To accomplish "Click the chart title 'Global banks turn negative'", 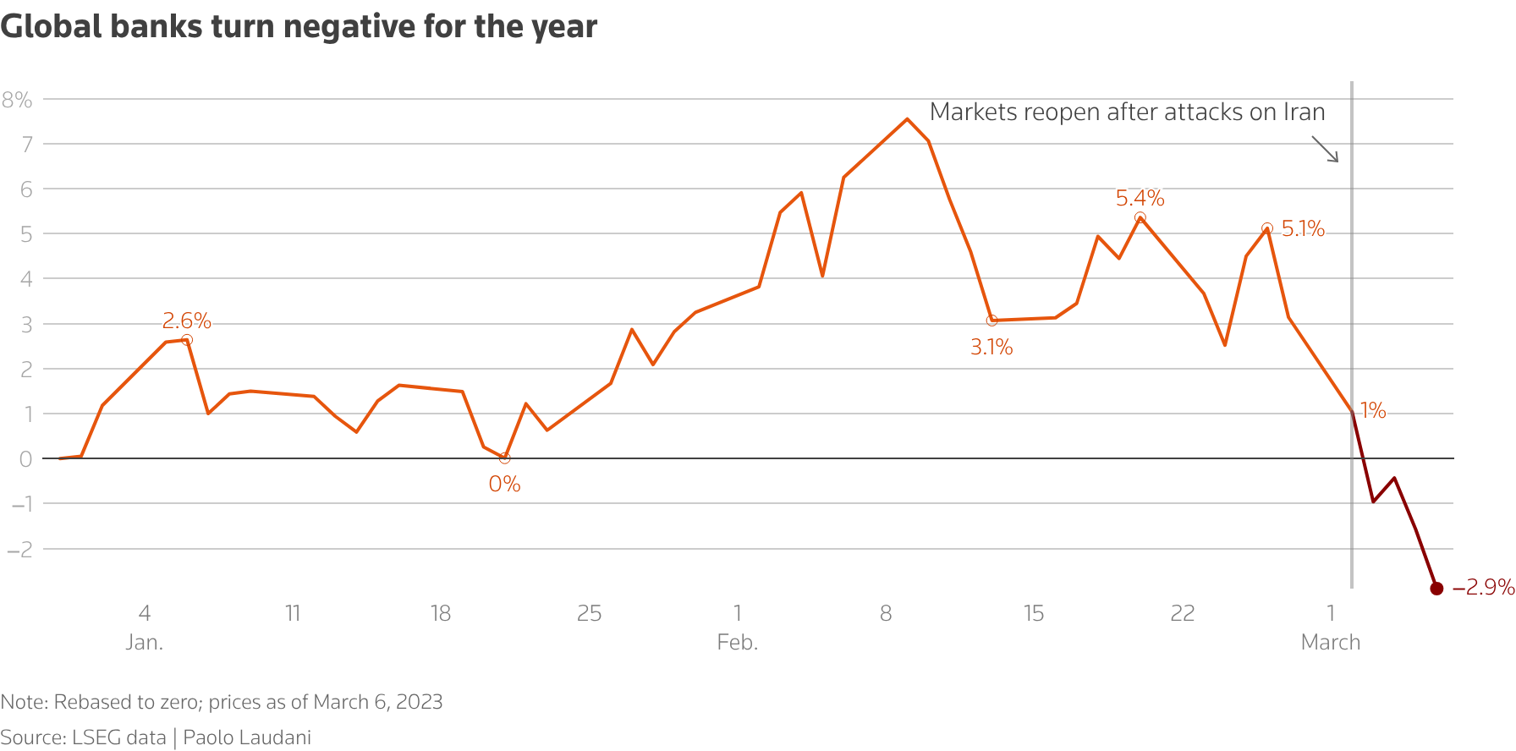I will pos(299,26).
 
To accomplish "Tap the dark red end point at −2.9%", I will pos(1436,589).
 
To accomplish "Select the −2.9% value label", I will pos(1483,587).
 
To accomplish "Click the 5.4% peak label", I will pos(1140,198).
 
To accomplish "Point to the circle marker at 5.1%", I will pos(1267,228).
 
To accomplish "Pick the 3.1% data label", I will pos(991,347).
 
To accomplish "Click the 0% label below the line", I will pos(504,484).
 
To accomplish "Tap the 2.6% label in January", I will pos(186,321).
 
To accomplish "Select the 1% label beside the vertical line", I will pos(1373,411).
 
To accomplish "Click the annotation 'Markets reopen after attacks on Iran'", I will pos(1127,112).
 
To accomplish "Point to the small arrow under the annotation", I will pos(1326,150).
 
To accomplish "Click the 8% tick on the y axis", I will pos(17,100).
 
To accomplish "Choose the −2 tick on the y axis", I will pos(19,549).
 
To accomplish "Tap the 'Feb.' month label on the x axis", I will pos(737,642).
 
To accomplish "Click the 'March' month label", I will pos(1330,642).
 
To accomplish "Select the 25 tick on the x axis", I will pos(589,613).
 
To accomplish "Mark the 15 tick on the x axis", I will pos(1034,613).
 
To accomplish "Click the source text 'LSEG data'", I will pos(118,737).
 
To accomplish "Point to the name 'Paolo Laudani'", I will pos(247,737).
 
